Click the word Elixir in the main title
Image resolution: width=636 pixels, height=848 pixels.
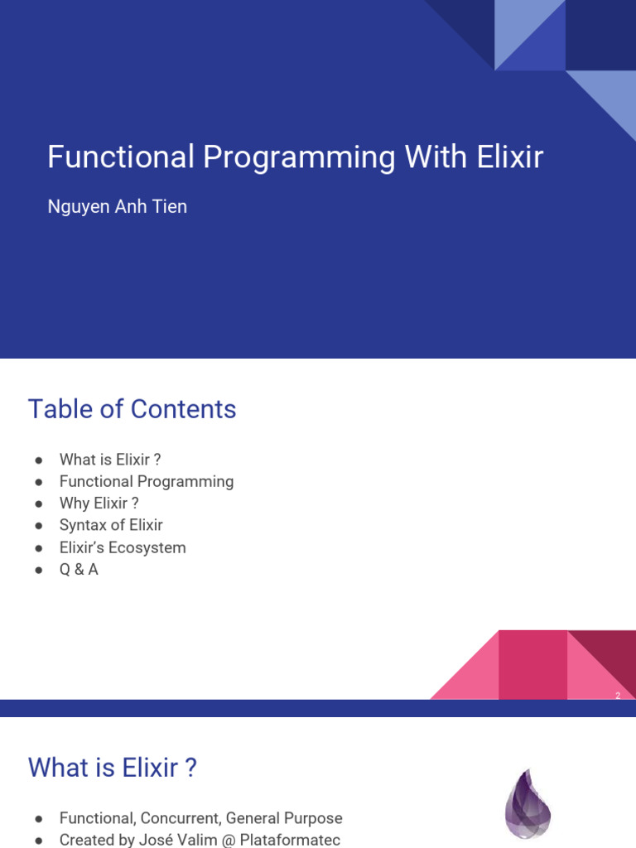(x=510, y=157)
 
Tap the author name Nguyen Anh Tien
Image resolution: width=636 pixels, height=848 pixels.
(x=118, y=206)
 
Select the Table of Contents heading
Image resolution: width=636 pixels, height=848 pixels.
(x=132, y=409)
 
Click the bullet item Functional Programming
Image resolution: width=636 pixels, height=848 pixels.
(x=147, y=482)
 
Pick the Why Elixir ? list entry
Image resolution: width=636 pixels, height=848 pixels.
(x=99, y=503)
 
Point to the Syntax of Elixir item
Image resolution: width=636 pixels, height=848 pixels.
(x=111, y=525)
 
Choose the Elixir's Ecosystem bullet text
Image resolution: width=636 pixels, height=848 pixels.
(x=123, y=547)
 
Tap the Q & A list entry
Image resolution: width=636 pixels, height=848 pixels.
(x=79, y=570)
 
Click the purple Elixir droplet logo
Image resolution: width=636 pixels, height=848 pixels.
(x=528, y=804)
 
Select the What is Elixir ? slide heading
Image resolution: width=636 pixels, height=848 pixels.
(x=113, y=768)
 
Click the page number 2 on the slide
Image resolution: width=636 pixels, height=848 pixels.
(x=618, y=696)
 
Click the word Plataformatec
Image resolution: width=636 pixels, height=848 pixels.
(x=290, y=840)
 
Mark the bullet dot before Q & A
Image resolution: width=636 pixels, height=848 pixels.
(x=38, y=570)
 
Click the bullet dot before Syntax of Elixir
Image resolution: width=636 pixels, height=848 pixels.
(x=38, y=526)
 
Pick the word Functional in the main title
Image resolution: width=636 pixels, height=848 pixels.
(x=121, y=157)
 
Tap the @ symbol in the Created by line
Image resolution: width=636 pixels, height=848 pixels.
(x=229, y=840)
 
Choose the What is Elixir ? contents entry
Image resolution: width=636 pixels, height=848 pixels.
(x=110, y=460)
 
